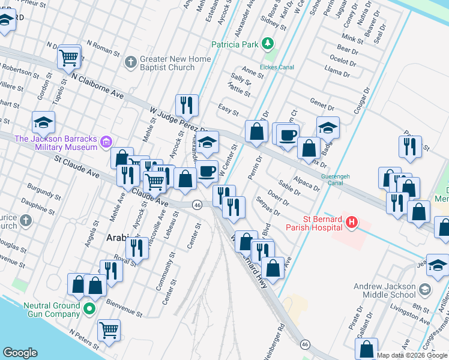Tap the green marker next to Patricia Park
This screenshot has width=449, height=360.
tap(268, 44)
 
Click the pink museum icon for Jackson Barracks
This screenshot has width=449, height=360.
tap(106, 142)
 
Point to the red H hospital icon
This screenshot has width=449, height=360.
tap(352, 223)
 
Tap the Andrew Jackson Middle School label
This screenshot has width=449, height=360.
tap(384, 290)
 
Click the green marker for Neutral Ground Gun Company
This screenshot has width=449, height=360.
tap(89, 310)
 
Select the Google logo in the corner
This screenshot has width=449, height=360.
tap(20, 353)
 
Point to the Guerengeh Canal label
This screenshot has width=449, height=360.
tap(340, 179)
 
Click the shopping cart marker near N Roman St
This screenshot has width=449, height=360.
tap(70, 57)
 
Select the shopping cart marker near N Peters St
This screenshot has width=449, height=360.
tap(109, 329)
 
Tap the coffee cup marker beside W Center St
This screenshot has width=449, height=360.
tap(208, 170)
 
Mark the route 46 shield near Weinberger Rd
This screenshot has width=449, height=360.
tap(306, 344)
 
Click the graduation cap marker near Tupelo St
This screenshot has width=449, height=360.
tap(43, 122)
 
